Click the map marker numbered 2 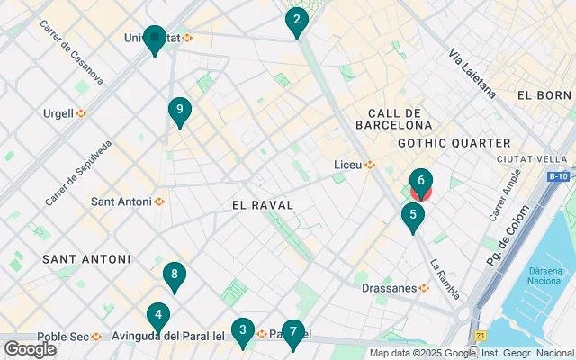pos(296,20)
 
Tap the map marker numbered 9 pos(180,110)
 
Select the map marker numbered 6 pos(420,181)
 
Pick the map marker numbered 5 pos(412,215)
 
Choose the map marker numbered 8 pos(175,274)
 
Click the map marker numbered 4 pos(158,315)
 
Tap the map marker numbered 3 pos(241,330)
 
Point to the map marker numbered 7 pos(292,332)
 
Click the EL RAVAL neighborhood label pos(263,205)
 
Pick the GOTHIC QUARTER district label pos(454,143)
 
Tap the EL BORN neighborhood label pos(544,95)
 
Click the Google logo pos(30,349)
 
